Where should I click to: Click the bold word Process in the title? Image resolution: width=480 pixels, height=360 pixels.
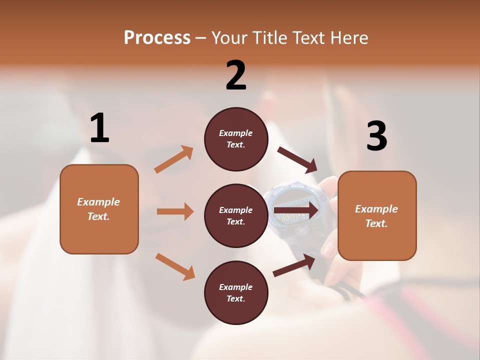click(x=157, y=38)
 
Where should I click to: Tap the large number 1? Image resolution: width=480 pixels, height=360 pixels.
click(x=99, y=128)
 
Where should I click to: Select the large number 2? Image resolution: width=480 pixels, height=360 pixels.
click(x=236, y=75)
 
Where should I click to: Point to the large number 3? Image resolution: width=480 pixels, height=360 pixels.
click(x=376, y=136)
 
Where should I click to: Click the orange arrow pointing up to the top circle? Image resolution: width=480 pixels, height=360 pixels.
click(x=174, y=159)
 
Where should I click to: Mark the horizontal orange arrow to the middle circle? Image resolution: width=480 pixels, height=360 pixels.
click(x=175, y=211)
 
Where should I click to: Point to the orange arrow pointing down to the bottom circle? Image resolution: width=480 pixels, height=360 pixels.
click(x=175, y=266)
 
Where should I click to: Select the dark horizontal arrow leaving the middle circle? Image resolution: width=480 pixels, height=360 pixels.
click(x=296, y=210)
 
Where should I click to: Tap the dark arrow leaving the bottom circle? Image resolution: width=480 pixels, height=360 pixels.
click(x=294, y=265)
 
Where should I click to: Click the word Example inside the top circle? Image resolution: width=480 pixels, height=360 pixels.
click(x=235, y=133)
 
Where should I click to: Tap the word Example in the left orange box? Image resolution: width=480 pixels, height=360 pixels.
click(x=98, y=202)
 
